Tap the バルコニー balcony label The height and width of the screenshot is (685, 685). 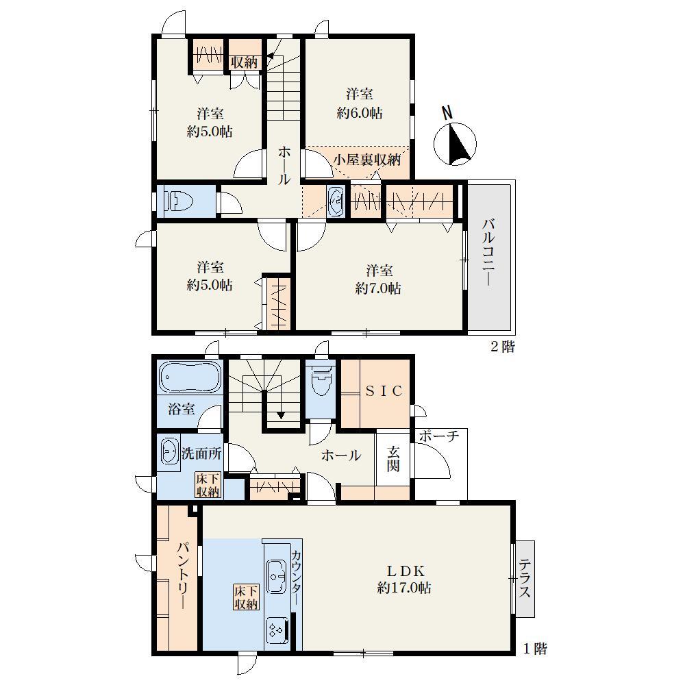tap(489, 253)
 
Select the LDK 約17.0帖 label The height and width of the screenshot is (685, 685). tap(405, 580)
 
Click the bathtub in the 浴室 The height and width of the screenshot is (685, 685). tap(190, 375)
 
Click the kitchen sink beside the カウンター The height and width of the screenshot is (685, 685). tap(276, 576)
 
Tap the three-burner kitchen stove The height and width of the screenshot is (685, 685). tap(277, 630)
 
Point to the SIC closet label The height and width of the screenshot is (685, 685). tap(384, 391)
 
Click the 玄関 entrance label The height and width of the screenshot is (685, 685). tap(393, 459)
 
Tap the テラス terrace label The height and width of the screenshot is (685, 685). tap(525, 579)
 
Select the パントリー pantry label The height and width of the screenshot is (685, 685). tap(184, 575)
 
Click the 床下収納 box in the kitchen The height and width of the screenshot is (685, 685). tap(246, 597)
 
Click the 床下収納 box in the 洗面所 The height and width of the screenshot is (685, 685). tap(208, 484)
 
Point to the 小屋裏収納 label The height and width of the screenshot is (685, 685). tap(367, 160)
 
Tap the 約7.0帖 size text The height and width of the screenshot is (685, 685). tap(378, 288)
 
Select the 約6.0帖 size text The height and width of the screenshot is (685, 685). tap(360, 113)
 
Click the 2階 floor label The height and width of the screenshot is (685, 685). tap(502, 347)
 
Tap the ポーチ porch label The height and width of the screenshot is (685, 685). tap(440, 436)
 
